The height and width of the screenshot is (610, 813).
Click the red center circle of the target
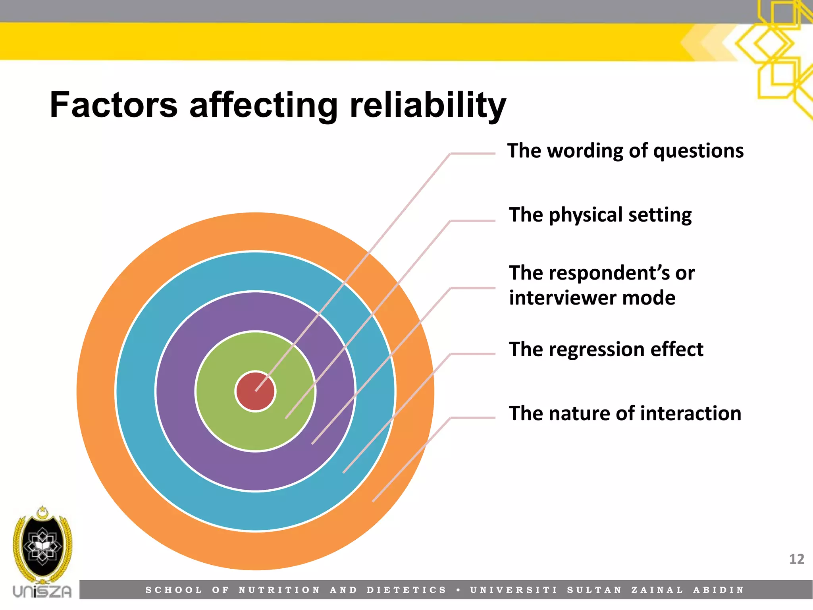tap(250, 393)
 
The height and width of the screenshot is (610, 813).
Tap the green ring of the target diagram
tap(222, 421)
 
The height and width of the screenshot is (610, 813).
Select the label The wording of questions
tap(625, 151)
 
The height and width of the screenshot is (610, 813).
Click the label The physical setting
tap(600, 215)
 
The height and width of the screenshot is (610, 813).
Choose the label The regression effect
tap(606, 349)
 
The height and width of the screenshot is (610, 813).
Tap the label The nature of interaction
tap(625, 413)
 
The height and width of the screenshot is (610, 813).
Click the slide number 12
tap(796, 559)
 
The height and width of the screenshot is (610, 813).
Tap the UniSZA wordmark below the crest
tap(42, 591)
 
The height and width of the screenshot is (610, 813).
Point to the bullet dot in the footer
tap(459, 590)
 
